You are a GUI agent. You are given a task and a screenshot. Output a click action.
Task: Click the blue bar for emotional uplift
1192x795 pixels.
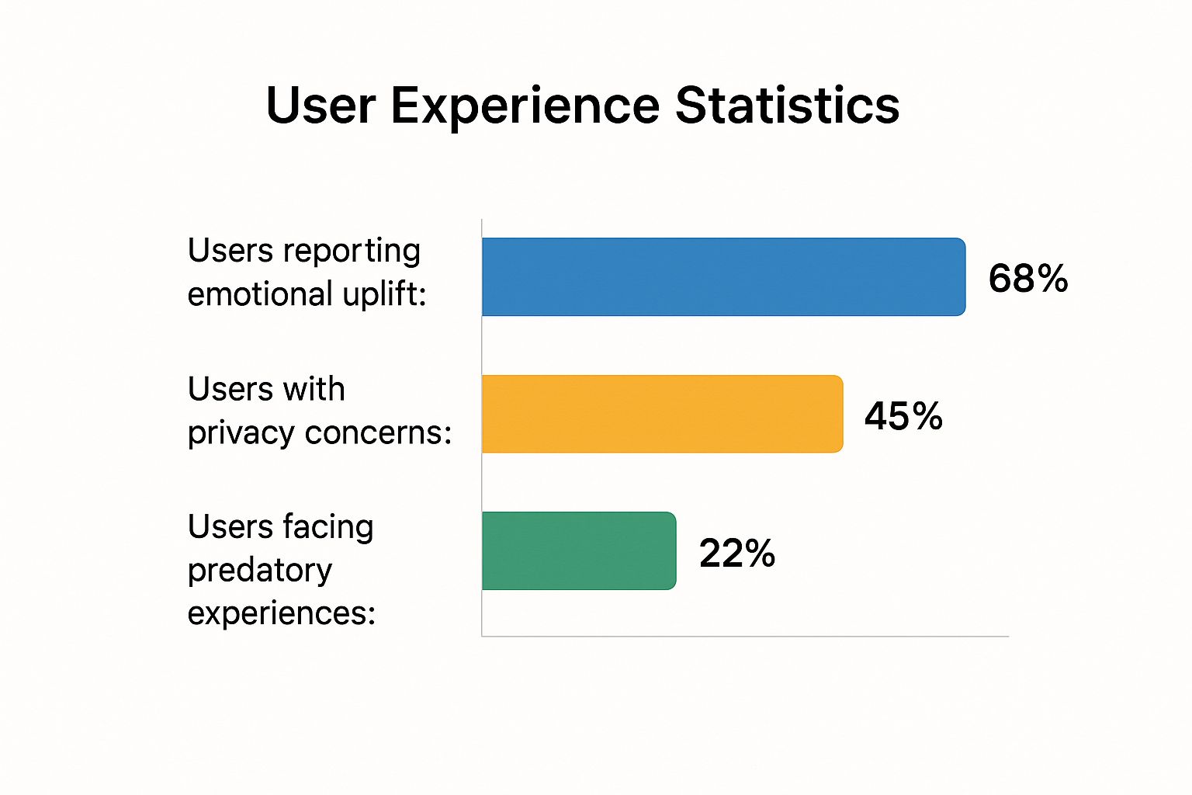723,277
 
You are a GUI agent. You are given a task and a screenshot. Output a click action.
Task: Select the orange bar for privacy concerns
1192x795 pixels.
662,414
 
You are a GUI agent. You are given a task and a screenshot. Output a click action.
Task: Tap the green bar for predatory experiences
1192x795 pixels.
579,551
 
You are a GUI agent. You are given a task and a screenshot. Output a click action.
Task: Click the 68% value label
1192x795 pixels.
1028,278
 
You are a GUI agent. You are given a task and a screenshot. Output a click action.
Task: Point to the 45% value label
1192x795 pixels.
903,416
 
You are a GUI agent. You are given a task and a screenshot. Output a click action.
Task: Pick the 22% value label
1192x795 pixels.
737,554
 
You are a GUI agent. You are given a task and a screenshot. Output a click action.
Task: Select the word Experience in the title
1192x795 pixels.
525,106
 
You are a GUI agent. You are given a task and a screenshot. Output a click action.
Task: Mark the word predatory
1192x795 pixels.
260,571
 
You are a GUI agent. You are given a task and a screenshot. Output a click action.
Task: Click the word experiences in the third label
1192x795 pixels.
282,613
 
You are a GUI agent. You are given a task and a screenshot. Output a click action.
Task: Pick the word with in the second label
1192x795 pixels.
314,389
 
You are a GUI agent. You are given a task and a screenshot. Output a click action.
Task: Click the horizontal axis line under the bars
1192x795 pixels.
745,636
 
